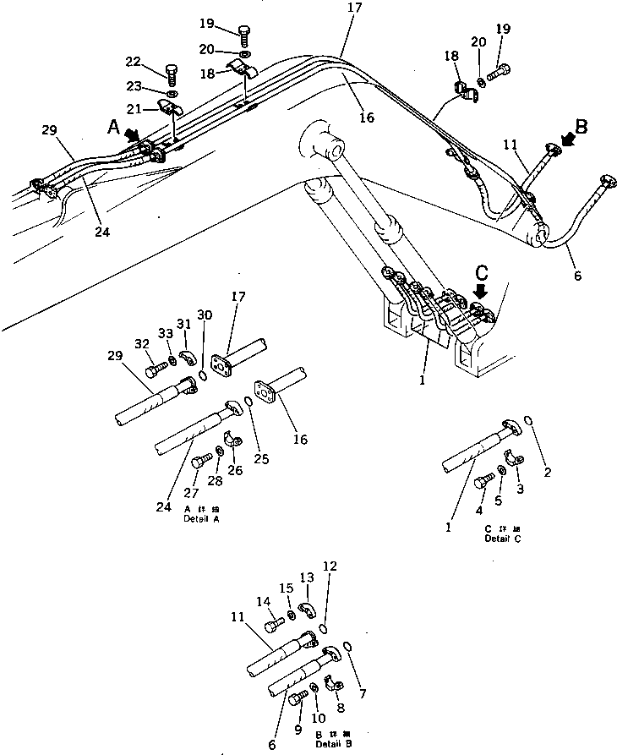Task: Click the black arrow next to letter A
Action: [131, 135]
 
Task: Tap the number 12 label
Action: [330, 566]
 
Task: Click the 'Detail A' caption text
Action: [201, 518]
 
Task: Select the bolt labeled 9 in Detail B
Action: [297, 698]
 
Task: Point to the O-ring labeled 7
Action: [350, 647]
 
